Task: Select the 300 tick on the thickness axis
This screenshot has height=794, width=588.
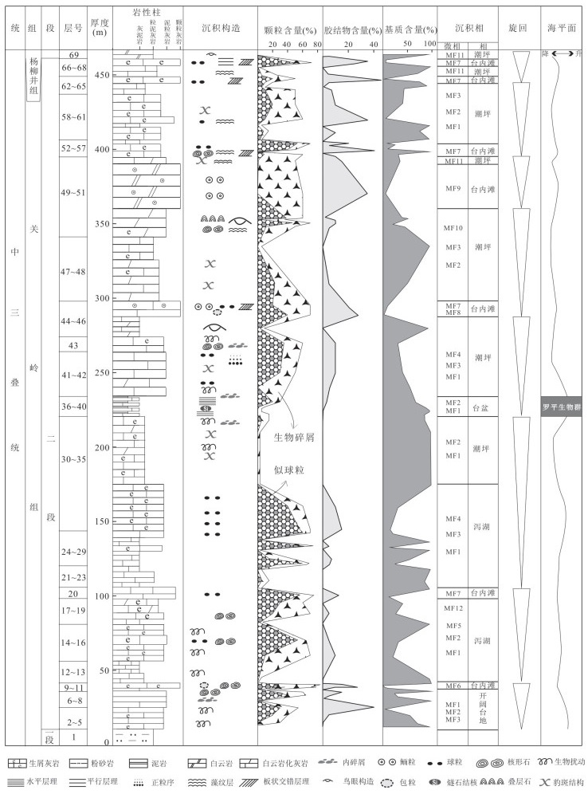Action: (x=101, y=298)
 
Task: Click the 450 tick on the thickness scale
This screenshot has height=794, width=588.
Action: (x=101, y=75)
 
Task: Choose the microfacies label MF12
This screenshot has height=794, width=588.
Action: (x=453, y=608)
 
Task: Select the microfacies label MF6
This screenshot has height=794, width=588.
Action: (x=453, y=686)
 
